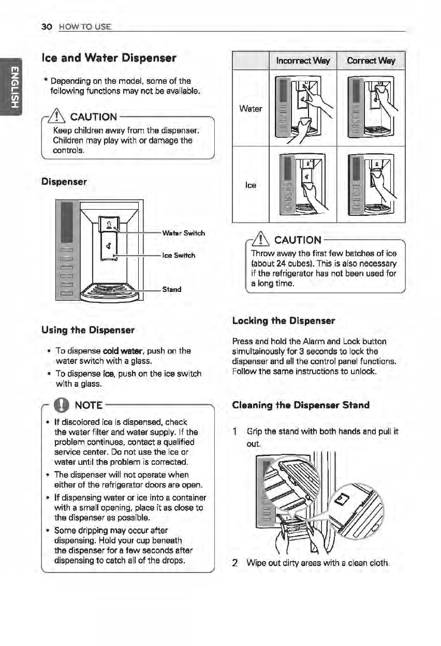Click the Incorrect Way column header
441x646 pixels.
point(303,61)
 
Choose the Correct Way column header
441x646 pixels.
point(371,61)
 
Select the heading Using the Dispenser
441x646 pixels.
point(91,330)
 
